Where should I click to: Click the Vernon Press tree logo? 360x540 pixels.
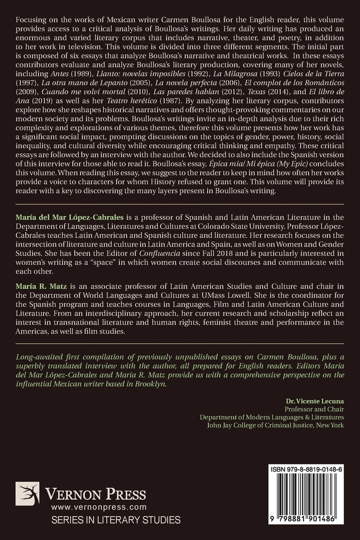27,494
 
